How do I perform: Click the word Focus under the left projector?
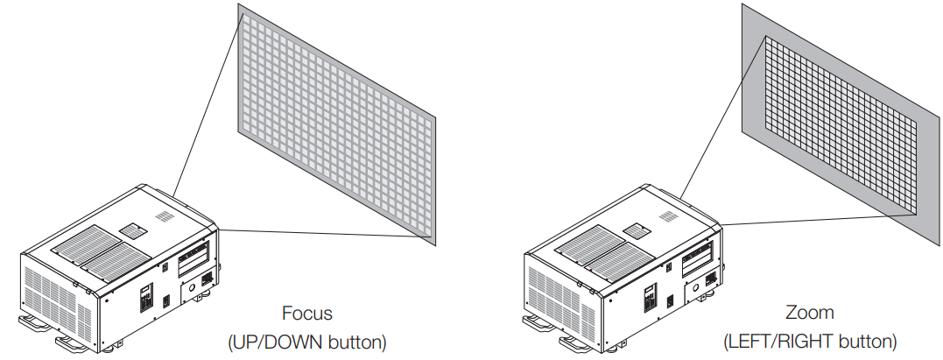pos(307,313)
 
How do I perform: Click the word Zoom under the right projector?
pos(810,313)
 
